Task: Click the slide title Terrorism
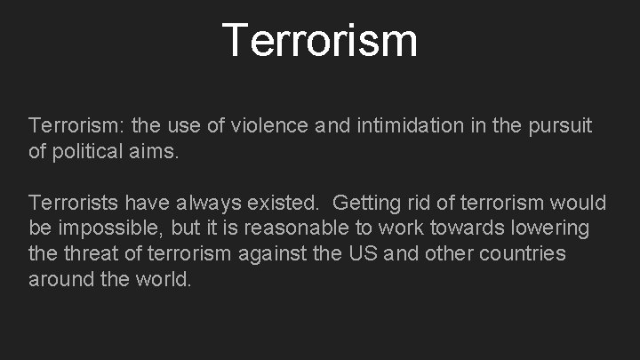(320, 40)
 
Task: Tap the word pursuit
(562, 127)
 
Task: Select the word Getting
(365, 204)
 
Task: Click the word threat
(92, 253)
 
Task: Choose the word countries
(524, 253)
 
